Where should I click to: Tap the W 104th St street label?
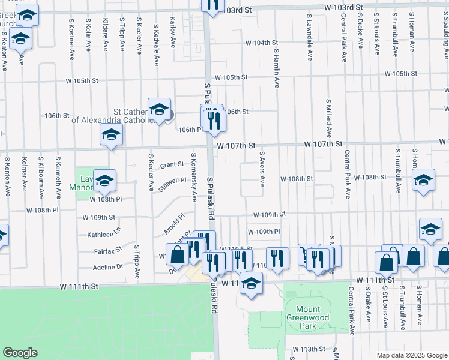(262, 43)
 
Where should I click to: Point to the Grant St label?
(171, 164)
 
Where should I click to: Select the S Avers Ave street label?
(262, 169)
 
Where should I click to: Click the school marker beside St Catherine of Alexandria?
(159, 109)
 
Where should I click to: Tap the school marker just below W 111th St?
(251, 283)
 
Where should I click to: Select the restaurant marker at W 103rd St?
(212, 5)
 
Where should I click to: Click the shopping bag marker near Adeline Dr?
(178, 255)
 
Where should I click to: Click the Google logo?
(20, 353)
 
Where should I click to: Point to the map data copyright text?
(412, 355)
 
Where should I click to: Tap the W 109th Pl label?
(264, 231)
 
